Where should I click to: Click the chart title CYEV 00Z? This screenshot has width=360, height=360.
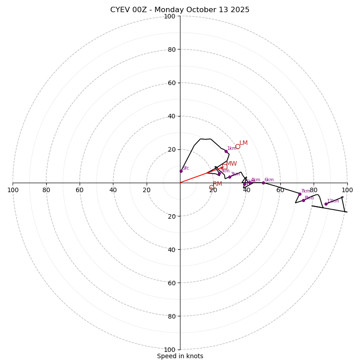[x=180, y=10]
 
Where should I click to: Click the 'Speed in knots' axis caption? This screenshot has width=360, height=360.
[x=180, y=356]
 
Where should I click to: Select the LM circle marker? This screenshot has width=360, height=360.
[x=238, y=146]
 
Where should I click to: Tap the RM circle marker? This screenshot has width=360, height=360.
[x=211, y=187]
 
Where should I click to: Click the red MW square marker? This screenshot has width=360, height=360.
[x=224, y=166]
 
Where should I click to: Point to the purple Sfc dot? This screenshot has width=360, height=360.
[x=181, y=171]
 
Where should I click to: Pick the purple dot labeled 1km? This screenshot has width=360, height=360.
[x=226, y=151]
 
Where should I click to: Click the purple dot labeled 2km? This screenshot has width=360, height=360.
[x=219, y=174]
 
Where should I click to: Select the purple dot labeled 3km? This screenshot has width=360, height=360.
[x=229, y=177]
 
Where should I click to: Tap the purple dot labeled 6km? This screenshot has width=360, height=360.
[x=263, y=183]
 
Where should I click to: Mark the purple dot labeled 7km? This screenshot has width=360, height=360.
[x=300, y=194]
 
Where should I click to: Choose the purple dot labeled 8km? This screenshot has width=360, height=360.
[x=303, y=200]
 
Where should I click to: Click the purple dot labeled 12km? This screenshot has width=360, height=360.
[x=326, y=204]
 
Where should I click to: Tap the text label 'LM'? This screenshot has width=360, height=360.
[x=243, y=143]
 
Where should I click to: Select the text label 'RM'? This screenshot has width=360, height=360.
[x=218, y=184]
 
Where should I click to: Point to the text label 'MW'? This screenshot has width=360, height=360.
[x=232, y=164]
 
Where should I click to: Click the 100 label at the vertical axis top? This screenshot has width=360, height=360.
[x=169, y=17]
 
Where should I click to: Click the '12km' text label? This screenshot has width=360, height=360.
[x=333, y=201]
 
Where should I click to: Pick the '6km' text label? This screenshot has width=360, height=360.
[x=269, y=180]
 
